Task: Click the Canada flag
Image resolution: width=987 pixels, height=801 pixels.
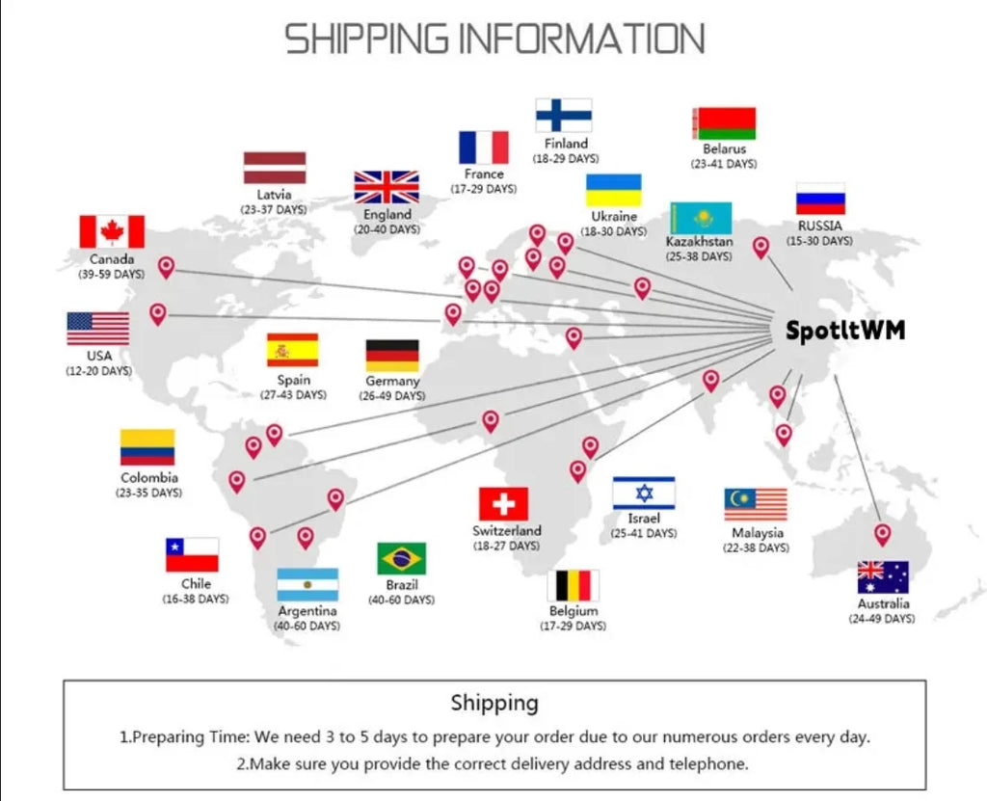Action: (x=112, y=231)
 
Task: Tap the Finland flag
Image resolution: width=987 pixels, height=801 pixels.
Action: (x=564, y=116)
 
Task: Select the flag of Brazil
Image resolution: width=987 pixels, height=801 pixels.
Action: (x=402, y=558)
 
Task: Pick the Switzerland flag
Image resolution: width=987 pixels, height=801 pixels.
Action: (x=503, y=504)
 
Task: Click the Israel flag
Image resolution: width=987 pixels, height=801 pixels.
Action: (x=644, y=494)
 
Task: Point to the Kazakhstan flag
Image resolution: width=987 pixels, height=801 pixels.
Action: (x=702, y=218)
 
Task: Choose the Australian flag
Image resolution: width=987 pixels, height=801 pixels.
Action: (x=883, y=577)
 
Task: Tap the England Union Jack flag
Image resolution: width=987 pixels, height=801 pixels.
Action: (x=387, y=188)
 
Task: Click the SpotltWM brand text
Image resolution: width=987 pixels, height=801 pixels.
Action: (x=845, y=330)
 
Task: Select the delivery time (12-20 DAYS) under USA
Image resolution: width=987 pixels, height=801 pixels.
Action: (x=99, y=371)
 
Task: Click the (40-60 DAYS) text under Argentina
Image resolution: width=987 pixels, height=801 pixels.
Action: (x=307, y=626)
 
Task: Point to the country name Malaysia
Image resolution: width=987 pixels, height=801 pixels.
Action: (x=758, y=533)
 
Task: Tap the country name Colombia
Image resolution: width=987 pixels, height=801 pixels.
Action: (x=149, y=477)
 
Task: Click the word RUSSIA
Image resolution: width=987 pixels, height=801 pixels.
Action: (x=819, y=226)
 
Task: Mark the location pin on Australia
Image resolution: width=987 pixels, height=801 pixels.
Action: (x=883, y=535)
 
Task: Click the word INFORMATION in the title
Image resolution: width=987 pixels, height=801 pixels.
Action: (x=581, y=39)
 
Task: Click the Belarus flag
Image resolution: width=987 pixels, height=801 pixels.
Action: (x=725, y=123)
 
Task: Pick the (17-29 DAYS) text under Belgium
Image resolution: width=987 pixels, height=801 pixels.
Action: (x=573, y=626)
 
